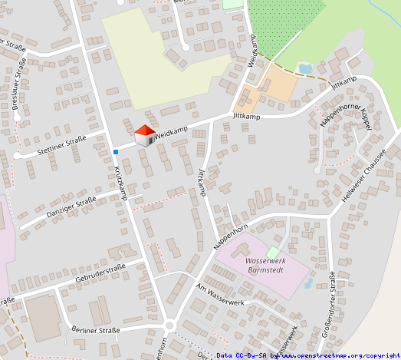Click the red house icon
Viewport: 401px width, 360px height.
click(143, 136)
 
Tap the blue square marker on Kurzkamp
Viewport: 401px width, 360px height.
click(115, 152)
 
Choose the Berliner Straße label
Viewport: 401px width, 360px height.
click(96, 330)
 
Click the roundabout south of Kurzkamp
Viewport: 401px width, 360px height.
click(169, 323)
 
